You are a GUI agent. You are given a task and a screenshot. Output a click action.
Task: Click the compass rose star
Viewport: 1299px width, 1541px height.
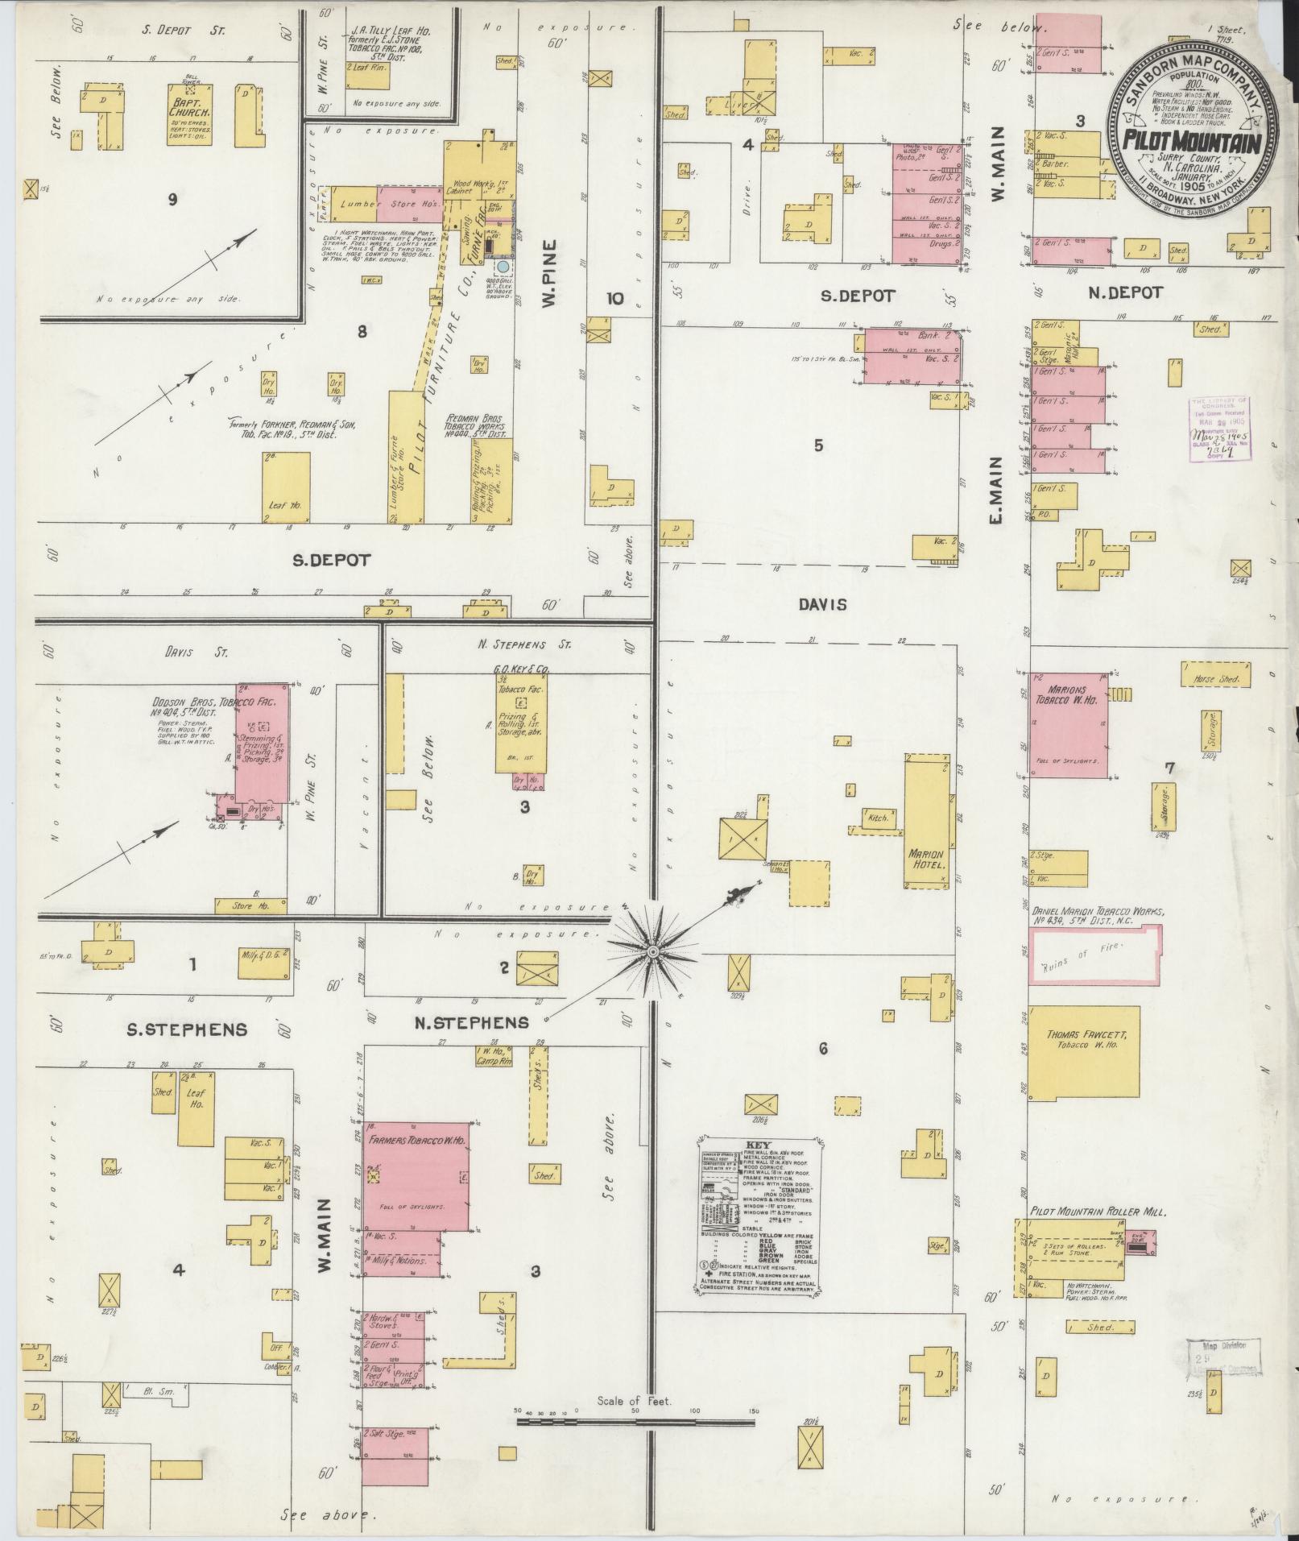tap(653, 952)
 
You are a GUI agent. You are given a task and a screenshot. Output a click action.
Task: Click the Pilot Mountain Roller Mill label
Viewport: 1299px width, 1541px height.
tap(1098, 1211)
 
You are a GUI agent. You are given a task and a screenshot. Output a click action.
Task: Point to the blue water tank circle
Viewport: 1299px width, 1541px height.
tap(503, 266)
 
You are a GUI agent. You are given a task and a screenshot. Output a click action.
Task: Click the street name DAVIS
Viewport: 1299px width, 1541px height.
tap(824, 604)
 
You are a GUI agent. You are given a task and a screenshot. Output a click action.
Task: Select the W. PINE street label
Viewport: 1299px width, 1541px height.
tap(549, 274)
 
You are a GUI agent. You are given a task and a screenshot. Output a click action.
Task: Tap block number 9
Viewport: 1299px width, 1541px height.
tap(172, 201)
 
